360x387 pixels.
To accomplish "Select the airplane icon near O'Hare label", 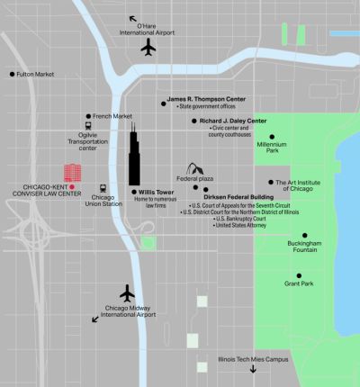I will point(149,46).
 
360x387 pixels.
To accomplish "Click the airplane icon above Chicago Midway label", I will point(127,293).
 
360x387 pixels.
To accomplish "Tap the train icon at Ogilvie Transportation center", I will point(88,127).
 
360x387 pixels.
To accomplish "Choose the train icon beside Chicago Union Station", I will point(105,187).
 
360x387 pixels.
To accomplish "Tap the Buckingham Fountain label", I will point(305,247).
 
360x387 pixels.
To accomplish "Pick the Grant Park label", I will point(298,284).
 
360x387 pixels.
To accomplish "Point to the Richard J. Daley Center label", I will point(233,120).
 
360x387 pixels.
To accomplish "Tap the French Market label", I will point(112,116).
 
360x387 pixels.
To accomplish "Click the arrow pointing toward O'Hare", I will point(134,18).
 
